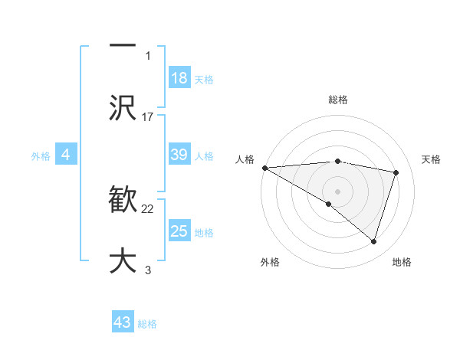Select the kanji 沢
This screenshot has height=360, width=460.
tap(123, 107)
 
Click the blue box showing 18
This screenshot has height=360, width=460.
tap(179, 78)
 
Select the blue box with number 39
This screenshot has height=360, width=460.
tap(179, 155)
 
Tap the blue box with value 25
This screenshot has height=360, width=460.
tap(179, 231)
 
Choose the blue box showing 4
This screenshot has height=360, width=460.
tap(65, 155)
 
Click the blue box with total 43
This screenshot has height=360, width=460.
tap(122, 322)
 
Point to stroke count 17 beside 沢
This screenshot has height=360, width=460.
tap(148, 116)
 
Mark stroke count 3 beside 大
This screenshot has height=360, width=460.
tap(148, 270)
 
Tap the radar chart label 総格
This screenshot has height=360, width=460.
tap(337, 100)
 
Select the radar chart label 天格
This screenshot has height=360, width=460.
tap(432, 159)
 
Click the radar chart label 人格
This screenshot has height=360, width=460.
tap(245, 159)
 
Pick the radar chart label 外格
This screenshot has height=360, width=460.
tap(269, 262)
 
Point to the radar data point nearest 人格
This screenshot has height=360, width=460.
tap(264, 168)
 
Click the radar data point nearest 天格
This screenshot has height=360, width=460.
tap(396, 172)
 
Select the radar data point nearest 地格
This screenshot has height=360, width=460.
tap(373, 241)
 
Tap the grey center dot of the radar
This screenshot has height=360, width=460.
tap(337, 191)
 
